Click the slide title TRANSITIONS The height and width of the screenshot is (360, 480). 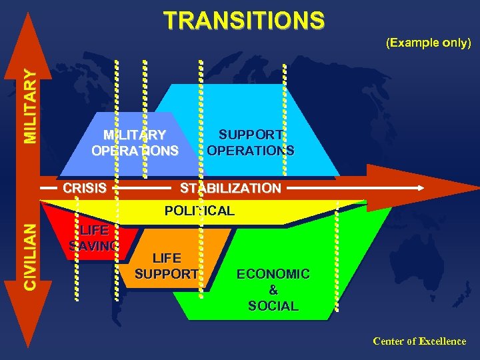[244, 21]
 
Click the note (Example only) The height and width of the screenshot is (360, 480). [429, 43]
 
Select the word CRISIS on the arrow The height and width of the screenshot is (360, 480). [85, 188]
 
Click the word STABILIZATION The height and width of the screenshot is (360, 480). [230, 188]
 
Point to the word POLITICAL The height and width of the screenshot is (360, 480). [199, 211]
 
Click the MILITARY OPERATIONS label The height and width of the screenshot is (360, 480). [135, 142]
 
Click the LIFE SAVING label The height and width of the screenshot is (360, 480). [94, 238]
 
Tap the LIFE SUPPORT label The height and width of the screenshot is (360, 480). [166, 265]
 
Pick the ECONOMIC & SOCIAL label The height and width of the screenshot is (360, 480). [273, 290]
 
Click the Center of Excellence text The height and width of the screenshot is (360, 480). [419, 341]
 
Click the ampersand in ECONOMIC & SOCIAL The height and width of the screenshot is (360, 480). [273, 290]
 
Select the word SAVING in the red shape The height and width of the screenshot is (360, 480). [94, 246]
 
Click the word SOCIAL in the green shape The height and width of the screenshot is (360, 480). [273, 306]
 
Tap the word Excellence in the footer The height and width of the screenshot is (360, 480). [442, 341]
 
